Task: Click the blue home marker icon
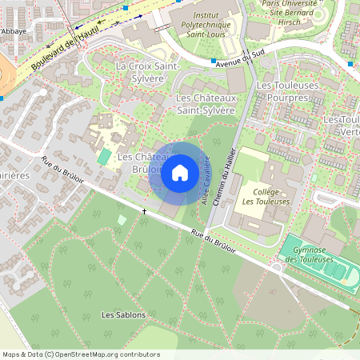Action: [x=180, y=172]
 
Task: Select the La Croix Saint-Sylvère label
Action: [x=145, y=72]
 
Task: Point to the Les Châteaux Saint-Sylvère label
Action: [x=205, y=104]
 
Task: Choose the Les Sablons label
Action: [x=124, y=315]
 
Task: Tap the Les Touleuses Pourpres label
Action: [x=288, y=90]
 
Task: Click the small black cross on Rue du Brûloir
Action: [x=145, y=211]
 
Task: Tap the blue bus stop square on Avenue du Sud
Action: [x=214, y=62]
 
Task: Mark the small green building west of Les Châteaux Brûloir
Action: [x=104, y=156]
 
